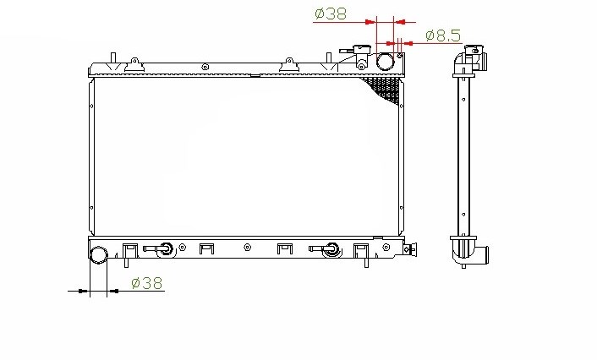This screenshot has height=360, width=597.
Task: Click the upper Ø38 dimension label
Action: (331, 14)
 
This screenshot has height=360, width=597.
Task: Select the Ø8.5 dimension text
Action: (443, 35)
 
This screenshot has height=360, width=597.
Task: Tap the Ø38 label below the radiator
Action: (146, 283)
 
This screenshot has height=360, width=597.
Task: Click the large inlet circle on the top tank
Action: (385, 62)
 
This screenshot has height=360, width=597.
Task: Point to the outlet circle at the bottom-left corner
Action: (99, 254)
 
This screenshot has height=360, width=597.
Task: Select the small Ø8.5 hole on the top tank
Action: (400, 56)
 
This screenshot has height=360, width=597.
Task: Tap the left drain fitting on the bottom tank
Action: (160, 249)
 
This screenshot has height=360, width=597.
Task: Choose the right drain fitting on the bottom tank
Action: (326, 249)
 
